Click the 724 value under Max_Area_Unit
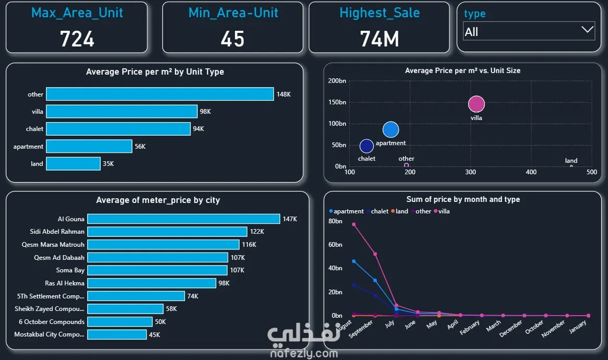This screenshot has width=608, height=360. click(x=77, y=39)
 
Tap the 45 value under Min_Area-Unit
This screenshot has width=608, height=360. click(x=232, y=39)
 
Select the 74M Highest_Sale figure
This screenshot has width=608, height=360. click(x=379, y=39)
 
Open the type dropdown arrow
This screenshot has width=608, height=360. click(x=587, y=30)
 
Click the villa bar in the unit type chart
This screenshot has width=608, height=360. click(x=122, y=112)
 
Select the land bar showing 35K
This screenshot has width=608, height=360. click(x=73, y=164)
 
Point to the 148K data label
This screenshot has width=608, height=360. click(x=283, y=94)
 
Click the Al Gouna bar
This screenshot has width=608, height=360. click(x=183, y=219)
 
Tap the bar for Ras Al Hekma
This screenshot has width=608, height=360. click(x=151, y=283)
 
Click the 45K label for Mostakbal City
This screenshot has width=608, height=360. click(x=154, y=335)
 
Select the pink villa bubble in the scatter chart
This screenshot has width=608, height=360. click(x=476, y=104)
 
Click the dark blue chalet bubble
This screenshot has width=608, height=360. click(x=367, y=146)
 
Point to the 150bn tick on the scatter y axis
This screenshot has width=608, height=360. click(x=337, y=102)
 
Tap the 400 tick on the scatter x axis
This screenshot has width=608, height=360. click(x=531, y=172)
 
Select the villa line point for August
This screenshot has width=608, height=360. click(x=354, y=224)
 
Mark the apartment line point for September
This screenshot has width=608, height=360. click(x=375, y=280)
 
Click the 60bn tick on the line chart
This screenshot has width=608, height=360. click(x=335, y=245)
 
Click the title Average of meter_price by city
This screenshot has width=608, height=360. click(x=158, y=200)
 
